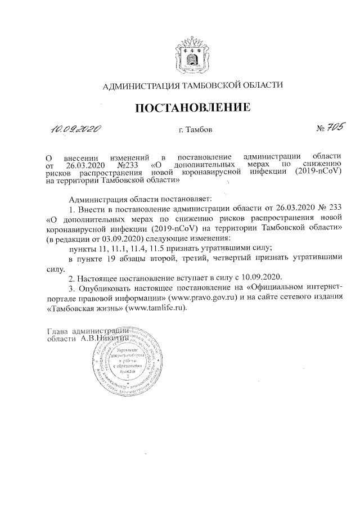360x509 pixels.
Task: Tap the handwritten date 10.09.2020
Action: point(75,130)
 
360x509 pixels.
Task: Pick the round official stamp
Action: point(124,365)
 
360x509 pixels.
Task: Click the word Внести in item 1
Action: point(91,208)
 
